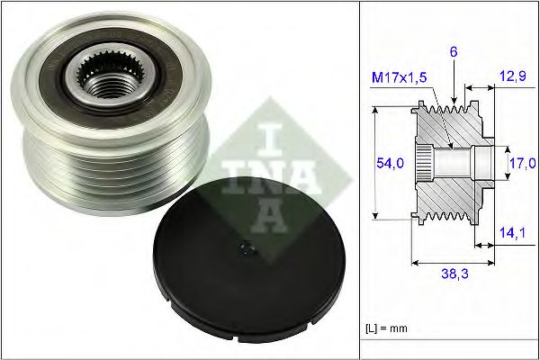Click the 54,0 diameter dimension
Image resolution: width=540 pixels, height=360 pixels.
pos(390,162)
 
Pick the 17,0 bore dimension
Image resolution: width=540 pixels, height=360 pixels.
pos(522,163)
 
